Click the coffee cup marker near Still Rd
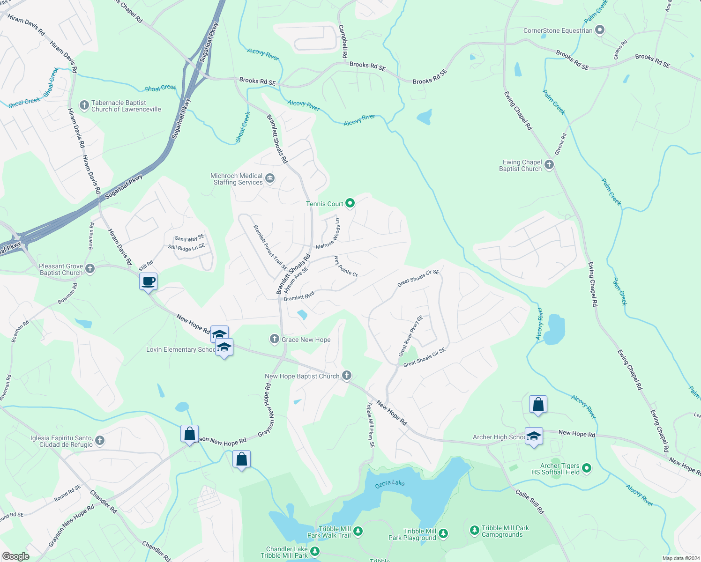[148, 282]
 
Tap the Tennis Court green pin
[350, 203]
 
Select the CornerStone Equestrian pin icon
[599, 30]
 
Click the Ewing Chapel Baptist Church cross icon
[549, 165]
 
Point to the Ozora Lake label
[390, 483]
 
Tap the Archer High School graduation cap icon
[534, 436]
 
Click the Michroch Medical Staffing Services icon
[270, 178]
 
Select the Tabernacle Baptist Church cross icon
[84, 105]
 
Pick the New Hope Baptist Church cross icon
[346, 375]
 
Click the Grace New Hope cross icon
[275, 339]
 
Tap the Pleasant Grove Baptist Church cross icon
[90, 269]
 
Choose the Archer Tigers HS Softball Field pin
[586, 468]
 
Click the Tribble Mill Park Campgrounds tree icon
[474, 530]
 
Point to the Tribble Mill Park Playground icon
[443, 533]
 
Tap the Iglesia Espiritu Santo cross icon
[99, 440]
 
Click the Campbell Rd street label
[343, 42]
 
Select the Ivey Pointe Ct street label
[346, 266]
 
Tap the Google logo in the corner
[15, 556]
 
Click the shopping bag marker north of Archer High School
[538, 404]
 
